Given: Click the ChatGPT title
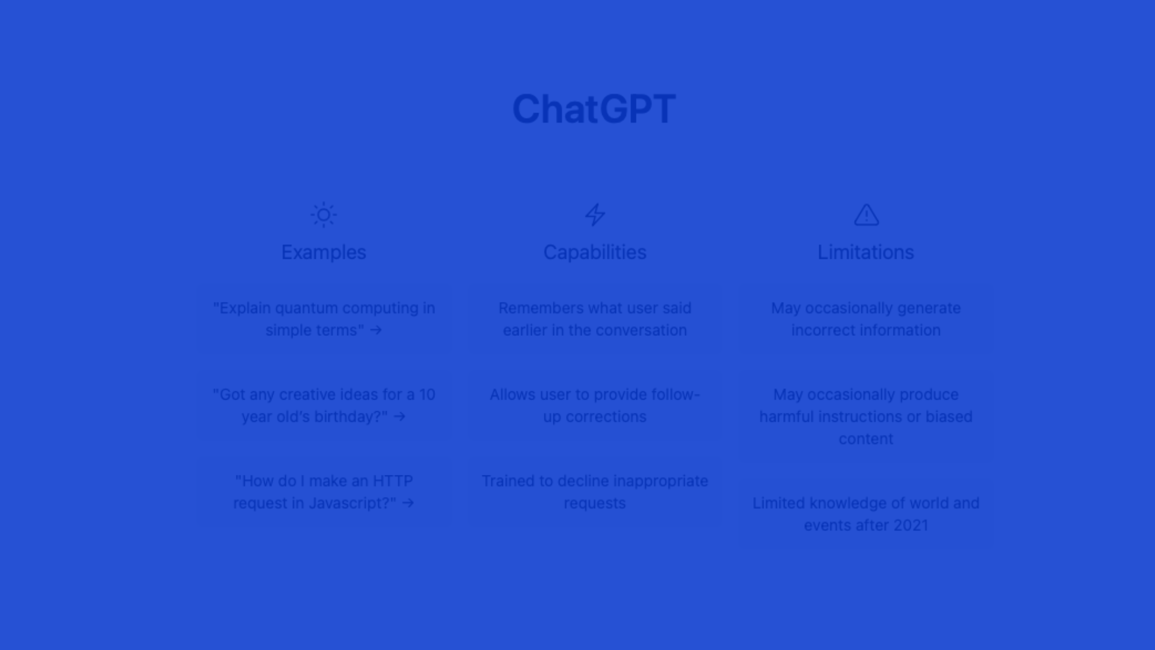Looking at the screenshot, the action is (x=594, y=109).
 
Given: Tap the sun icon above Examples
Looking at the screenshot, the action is (x=324, y=215).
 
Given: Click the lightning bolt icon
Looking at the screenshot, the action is (x=595, y=215).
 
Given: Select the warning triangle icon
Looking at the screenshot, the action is (x=866, y=215).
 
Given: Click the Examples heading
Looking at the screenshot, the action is (x=324, y=252).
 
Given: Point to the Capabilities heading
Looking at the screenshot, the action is (x=595, y=252).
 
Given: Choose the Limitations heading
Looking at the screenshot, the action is (x=866, y=252).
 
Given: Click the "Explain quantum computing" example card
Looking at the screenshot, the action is (x=324, y=319).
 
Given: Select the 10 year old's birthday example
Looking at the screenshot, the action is (x=324, y=406).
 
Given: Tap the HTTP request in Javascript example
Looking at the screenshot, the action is (x=324, y=492).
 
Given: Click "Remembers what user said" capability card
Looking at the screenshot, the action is (x=595, y=319).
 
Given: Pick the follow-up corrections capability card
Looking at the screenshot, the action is (x=595, y=406).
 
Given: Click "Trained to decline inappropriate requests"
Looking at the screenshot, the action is (x=595, y=492).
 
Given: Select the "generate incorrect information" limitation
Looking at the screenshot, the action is (x=866, y=319).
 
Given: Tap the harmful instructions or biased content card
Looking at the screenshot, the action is (x=866, y=416).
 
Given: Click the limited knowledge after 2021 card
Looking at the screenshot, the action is (x=866, y=514).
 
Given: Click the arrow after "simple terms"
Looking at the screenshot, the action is (x=376, y=330).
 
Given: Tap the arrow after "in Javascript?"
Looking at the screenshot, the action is (x=408, y=503).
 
